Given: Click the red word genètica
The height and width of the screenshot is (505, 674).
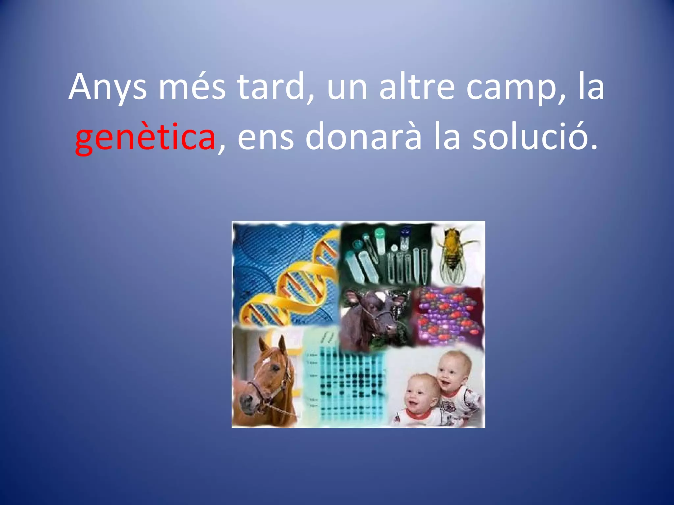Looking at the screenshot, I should [145, 136].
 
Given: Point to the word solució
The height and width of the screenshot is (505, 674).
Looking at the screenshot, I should [535, 136].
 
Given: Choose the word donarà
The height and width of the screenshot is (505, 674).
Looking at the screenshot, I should [363, 136].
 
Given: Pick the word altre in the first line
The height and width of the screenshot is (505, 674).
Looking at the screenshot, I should [417, 87].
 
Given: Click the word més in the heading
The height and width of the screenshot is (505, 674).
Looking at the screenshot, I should [192, 87].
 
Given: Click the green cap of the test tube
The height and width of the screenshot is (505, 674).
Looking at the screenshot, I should [379, 233].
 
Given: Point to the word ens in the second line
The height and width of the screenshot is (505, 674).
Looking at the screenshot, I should [265, 136].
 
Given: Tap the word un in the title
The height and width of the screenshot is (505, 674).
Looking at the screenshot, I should [347, 87].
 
